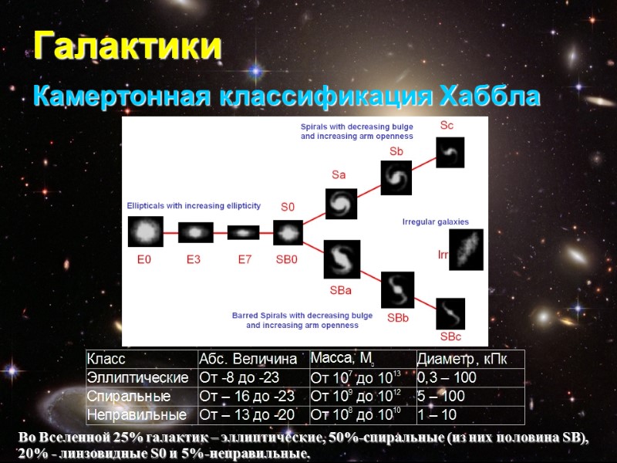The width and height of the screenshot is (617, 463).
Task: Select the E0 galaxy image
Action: pyautogui.click(x=145, y=231)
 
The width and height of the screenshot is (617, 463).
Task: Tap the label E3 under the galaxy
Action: pyautogui.click(x=193, y=260)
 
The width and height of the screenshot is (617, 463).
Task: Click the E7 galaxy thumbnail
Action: pyautogui.click(x=243, y=231)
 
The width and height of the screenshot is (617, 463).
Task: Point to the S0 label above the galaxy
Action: pyautogui.click(x=287, y=207)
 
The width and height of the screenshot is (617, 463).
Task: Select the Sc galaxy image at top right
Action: pyautogui.click(x=450, y=152)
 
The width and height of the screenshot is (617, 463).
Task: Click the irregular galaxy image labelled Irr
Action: pyautogui.click(x=467, y=249)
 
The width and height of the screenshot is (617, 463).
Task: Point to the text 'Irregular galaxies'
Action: pyautogui.click(x=436, y=222)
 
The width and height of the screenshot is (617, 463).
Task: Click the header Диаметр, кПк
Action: pyautogui.click(x=466, y=360)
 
